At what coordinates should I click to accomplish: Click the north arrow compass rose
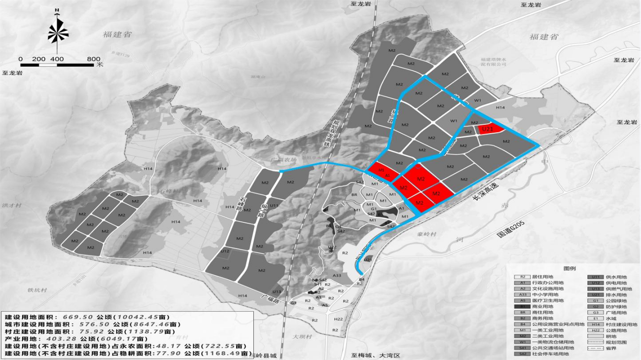(58, 32)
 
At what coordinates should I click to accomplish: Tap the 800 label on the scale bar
(94, 59)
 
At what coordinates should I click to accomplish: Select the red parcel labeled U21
(488, 129)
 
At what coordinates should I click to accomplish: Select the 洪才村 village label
(9, 205)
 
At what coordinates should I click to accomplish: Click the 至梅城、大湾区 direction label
(374, 355)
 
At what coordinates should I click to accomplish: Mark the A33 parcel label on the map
(337, 275)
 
